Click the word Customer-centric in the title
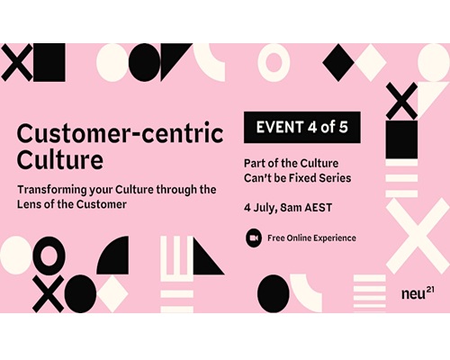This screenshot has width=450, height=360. [x=120, y=133]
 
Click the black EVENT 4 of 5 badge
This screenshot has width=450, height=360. [x=302, y=127]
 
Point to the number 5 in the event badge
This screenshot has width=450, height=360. [x=343, y=127]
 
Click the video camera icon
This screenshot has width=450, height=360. [x=254, y=238]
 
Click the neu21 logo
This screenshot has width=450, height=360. [x=418, y=292]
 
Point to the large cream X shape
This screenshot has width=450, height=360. [x=418, y=236]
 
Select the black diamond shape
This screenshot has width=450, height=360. [x=338, y=62]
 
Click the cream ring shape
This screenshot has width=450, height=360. [x=274, y=62]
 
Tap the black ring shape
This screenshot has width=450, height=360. [x=49, y=254]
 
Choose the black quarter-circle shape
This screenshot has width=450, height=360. [x=115, y=256]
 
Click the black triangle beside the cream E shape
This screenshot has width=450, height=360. [x=207, y=258]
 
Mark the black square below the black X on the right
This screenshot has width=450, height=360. [x=401, y=139]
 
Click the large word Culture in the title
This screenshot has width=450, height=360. [x=60, y=159]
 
